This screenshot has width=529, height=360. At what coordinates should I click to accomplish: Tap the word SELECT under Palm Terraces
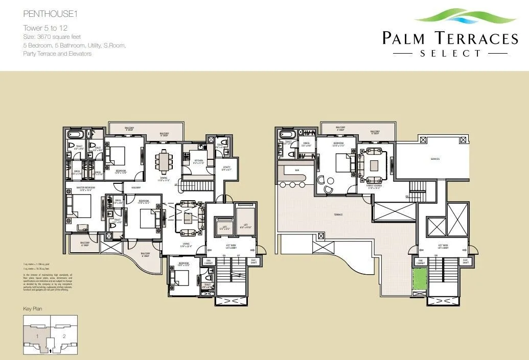(x=450, y=53)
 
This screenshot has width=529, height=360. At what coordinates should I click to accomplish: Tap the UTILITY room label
(x=227, y=168)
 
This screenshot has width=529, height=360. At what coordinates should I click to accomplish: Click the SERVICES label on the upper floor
(x=435, y=159)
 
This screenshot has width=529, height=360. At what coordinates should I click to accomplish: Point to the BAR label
(x=297, y=170)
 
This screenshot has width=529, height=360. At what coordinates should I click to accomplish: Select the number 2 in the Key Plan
(x=64, y=336)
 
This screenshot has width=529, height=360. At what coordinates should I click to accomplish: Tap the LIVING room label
(x=187, y=244)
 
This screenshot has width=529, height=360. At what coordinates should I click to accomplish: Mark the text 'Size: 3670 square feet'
(x=54, y=36)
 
